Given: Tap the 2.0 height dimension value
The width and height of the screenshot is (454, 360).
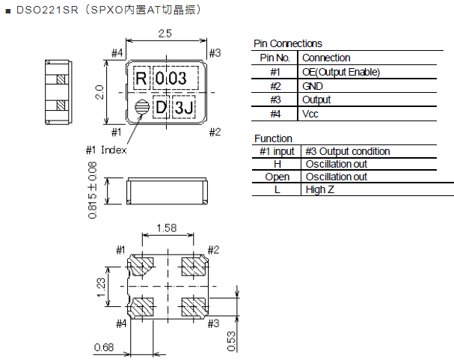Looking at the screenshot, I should pos(98,92).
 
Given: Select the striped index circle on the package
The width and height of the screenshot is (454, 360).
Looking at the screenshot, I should pos(141,109).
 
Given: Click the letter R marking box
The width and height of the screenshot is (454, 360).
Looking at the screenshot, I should pos(141,78).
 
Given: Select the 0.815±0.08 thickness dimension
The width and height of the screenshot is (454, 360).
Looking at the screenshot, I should pos(93,192).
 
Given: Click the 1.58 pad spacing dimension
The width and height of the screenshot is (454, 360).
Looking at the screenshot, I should pos(167,228).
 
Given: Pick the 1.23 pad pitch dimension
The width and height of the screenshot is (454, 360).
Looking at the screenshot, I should pos(102,285).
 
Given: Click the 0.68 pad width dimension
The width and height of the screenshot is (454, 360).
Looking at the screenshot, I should pos(104,346).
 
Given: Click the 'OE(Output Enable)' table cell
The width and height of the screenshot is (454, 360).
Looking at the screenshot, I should pos(341,72).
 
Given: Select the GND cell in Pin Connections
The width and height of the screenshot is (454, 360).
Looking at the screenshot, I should pos(313,86).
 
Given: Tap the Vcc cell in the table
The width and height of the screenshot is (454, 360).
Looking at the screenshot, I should pos(310,114).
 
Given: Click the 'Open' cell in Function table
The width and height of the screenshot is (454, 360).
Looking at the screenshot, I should pos(277,177).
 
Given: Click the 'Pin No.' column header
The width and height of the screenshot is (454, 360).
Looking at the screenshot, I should pos(274,58).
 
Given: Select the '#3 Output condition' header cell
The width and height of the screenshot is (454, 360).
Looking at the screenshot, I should pos(348,151).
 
